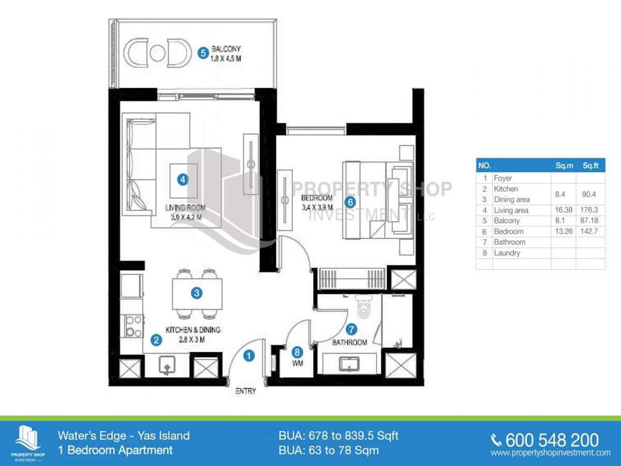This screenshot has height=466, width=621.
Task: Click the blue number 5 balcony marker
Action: [203, 53]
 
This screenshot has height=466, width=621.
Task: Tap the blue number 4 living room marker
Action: [183, 180]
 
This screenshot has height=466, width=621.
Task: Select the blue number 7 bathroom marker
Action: [351, 329]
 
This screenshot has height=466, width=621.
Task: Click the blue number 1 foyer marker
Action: [249, 356]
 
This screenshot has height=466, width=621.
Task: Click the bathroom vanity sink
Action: [349, 364]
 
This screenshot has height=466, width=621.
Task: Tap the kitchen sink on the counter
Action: [167, 365]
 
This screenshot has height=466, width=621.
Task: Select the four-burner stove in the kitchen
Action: [132, 326]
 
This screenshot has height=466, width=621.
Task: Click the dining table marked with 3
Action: [197, 294]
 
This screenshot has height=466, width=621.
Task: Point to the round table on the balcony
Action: [157, 53]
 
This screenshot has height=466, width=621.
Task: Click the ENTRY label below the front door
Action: [246, 391]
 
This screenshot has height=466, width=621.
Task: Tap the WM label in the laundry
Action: [298, 363]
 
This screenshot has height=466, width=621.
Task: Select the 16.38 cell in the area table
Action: [564, 210]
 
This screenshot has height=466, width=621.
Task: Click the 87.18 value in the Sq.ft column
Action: [589, 221]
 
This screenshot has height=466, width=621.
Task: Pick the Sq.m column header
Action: [565, 166]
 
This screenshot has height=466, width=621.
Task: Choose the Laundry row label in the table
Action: [507, 253]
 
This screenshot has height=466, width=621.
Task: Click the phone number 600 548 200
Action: [552, 440]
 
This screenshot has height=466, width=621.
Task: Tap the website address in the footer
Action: [551, 453]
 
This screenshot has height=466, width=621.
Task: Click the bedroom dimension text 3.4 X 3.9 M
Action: [317, 208]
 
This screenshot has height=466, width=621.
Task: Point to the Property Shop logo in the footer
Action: [28, 443]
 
